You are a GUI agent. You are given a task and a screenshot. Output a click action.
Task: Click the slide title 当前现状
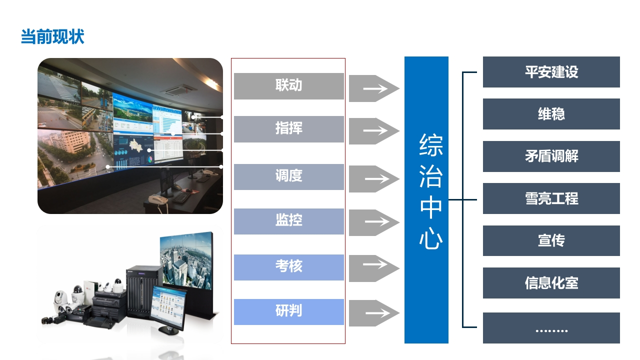[x=52, y=36]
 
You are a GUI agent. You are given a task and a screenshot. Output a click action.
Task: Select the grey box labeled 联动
[x=289, y=86]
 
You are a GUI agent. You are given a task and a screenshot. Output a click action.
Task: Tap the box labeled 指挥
[x=289, y=129]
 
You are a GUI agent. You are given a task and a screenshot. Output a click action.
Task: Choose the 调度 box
[x=289, y=177]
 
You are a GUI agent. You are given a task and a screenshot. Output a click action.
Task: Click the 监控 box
[x=289, y=221]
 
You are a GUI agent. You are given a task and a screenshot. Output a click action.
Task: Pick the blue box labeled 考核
[x=289, y=267]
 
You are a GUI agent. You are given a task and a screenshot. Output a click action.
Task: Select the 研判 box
[x=289, y=311]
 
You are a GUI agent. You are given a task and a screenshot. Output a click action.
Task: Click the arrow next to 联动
[x=374, y=88]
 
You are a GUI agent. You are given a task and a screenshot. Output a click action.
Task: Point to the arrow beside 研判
[x=374, y=313]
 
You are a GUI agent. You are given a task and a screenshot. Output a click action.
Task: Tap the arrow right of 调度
[x=374, y=179]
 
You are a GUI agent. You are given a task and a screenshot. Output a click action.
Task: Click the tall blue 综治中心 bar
[x=426, y=199]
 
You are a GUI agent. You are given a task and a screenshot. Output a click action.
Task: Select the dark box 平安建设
[x=551, y=71]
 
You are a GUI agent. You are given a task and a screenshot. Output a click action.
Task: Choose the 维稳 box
[x=551, y=114]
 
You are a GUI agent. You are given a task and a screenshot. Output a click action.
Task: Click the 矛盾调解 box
[x=551, y=156]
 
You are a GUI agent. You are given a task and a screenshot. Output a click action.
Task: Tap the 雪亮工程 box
[x=551, y=198]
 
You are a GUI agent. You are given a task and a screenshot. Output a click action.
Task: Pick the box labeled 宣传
[x=551, y=240]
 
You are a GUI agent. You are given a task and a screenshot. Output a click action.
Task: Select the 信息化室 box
[x=551, y=283]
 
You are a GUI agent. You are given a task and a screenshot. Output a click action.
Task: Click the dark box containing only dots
[x=551, y=327]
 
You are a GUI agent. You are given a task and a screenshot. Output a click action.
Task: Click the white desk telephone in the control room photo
[x=158, y=200]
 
